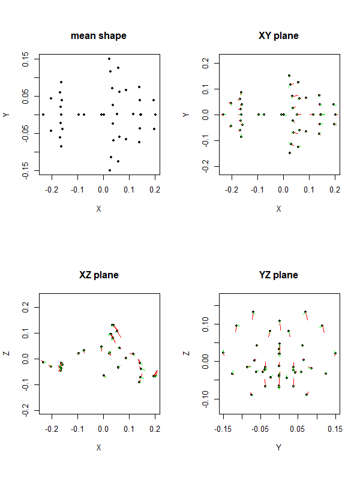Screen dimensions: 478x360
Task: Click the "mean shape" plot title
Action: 98,36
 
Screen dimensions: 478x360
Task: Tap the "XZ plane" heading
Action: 99,275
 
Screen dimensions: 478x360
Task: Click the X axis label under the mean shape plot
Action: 99,209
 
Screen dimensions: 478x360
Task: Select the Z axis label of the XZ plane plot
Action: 7,354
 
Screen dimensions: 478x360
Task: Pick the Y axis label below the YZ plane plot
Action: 279,448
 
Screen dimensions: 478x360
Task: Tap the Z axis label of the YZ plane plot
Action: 186,354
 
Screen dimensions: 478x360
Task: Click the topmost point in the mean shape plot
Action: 109,59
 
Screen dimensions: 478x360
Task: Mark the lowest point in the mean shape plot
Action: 109,170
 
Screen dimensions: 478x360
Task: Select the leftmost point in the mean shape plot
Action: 43,114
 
